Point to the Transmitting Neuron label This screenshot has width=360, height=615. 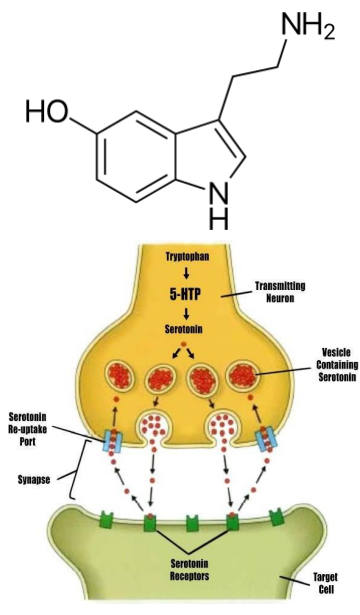(304, 291)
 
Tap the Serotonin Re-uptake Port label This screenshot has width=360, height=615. (34, 423)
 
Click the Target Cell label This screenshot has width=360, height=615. (322, 583)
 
